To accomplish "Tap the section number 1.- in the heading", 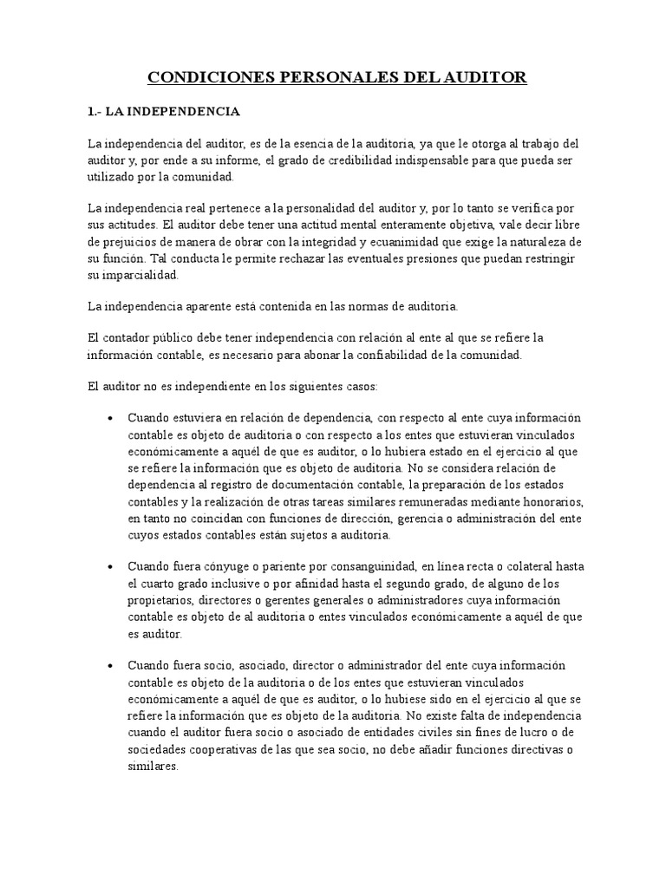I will (96, 112).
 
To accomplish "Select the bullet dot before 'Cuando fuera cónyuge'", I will (110, 565).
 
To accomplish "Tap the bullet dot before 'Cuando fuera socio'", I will (110, 666).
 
